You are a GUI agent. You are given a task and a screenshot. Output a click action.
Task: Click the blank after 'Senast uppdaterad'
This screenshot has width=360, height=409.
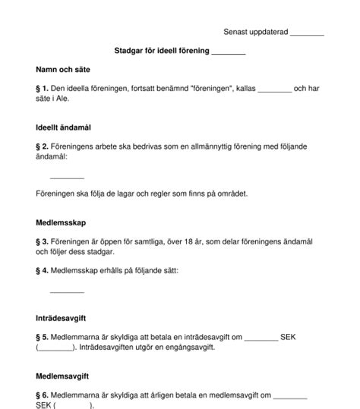(x=307, y=34)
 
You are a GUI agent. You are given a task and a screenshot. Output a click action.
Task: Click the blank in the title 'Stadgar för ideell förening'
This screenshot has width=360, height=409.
(x=228, y=52)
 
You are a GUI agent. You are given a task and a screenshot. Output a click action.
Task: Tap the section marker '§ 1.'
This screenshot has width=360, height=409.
(x=43, y=89)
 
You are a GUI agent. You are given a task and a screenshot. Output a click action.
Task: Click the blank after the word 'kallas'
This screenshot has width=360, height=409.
(x=275, y=90)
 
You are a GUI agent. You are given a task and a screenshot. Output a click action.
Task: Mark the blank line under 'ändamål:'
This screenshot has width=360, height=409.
(x=67, y=176)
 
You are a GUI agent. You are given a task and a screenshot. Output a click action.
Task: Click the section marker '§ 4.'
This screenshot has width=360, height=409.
(x=43, y=270)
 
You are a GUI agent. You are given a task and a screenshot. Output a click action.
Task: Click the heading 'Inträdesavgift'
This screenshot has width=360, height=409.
(x=61, y=319)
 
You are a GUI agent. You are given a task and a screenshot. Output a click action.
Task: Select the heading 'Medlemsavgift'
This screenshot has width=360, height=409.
(x=63, y=376)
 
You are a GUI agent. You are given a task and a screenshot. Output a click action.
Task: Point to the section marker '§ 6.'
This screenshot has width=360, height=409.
(x=43, y=395)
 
